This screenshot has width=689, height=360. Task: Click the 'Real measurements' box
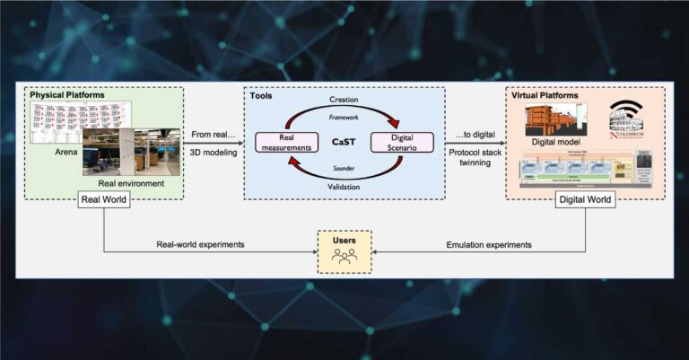pyautogui.click(x=283, y=143)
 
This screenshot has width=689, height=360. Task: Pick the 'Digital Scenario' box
pyautogui.click(x=402, y=142)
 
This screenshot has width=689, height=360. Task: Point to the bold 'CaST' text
pyautogui.click(x=343, y=141)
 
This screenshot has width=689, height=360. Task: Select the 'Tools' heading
pyautogui.click(x=263, y=95)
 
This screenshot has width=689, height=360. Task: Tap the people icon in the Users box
pyautogui.click(x=344, y=256)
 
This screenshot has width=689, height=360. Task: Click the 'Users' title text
pyautogui.click(x=344, y=240)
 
